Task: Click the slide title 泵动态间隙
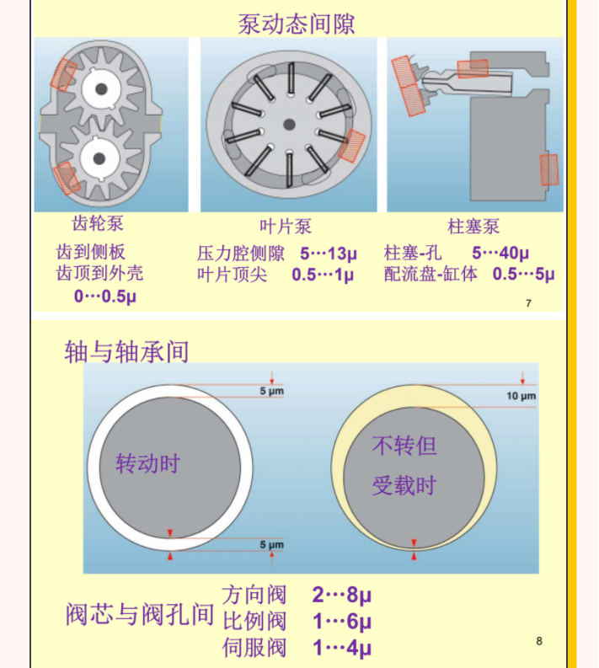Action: [296, 24]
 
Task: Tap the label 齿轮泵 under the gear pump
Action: [98, 223]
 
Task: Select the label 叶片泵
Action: [286, 227]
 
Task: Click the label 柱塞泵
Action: [473, 227]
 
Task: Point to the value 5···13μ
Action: [328, 254]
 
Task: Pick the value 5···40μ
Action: [500, 253]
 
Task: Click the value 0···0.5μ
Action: [105, 296]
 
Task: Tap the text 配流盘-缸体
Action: [431, 274]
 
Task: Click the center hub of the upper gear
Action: [101, 89]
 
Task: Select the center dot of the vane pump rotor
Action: [289, 125]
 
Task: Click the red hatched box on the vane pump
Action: [352, 146]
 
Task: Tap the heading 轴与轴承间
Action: [126, 351]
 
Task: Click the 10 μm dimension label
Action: [521, 396]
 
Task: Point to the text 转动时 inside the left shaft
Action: [148, 463]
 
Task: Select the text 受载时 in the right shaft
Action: [404, 485]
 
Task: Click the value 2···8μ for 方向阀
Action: [342, 595]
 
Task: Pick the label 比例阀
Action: [254, 621]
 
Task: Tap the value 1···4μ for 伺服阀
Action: [342, 648]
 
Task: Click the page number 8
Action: [539, 641]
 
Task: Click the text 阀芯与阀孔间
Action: [139, 614]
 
